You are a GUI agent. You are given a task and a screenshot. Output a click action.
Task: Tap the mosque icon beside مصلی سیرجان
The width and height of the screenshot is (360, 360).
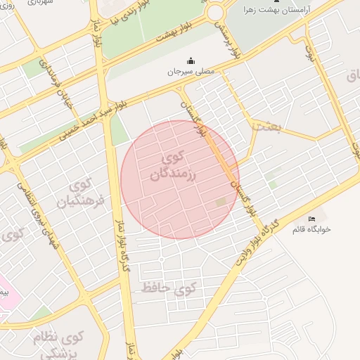191,60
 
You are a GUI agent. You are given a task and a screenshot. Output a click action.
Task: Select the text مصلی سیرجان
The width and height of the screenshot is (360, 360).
191,72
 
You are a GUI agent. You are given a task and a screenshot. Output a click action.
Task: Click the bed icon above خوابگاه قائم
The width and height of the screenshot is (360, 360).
312,218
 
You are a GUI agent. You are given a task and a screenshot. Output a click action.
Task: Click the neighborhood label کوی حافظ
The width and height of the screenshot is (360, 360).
168,288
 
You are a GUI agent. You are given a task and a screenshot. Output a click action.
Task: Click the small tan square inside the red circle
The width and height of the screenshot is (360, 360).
221,202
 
